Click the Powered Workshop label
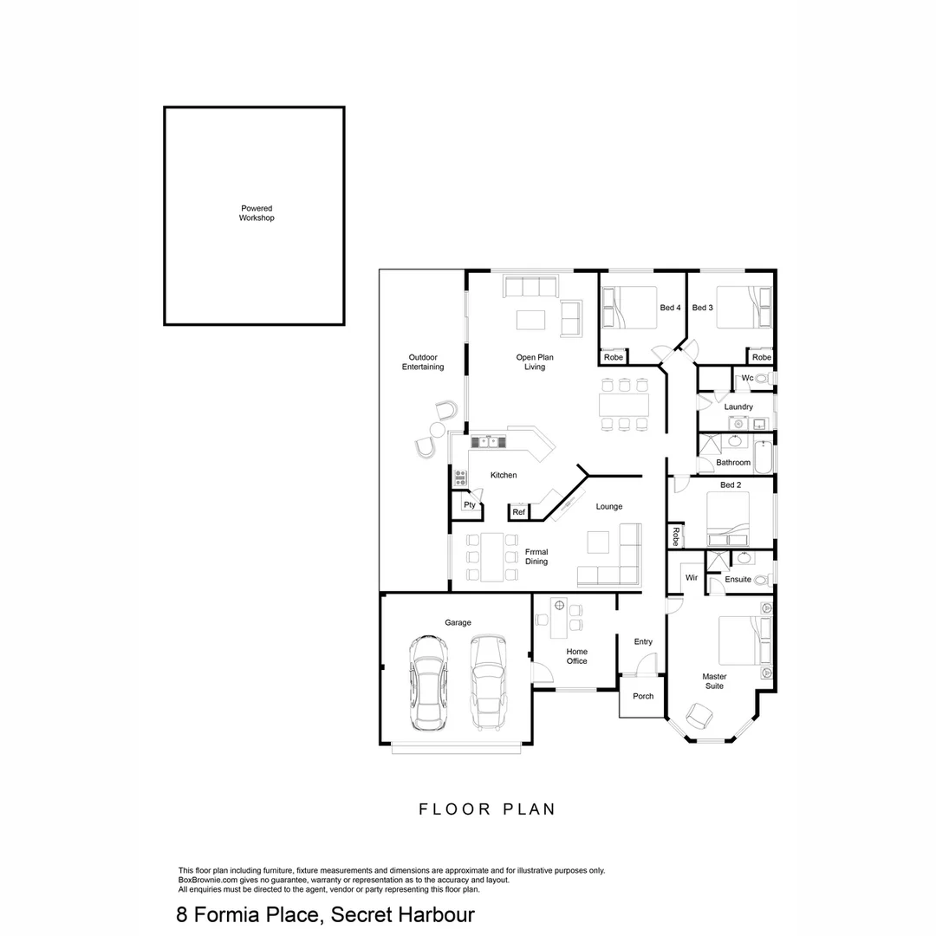[257, 213]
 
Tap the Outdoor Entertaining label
[422, 362]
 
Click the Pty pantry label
[469, 505]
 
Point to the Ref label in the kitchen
[518, 513]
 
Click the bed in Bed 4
[630, 308]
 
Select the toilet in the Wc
[763, 379]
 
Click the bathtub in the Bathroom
[763, 457]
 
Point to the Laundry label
[738, 406]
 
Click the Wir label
[692, 577]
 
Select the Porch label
[643, 696]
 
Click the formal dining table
[492, 556]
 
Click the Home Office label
[576, 656]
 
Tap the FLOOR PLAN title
[486, 809]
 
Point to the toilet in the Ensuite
[762, 580]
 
